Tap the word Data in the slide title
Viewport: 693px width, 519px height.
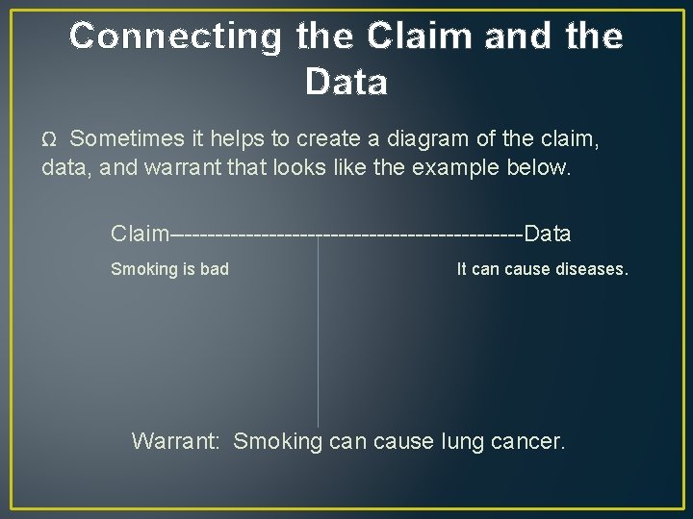346,83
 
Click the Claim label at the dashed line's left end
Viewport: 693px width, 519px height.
140,234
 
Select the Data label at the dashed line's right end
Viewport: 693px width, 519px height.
548,234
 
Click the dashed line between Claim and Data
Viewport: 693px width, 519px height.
346,235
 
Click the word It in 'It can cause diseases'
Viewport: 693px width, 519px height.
462,269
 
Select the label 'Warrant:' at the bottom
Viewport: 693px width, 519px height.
177,442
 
